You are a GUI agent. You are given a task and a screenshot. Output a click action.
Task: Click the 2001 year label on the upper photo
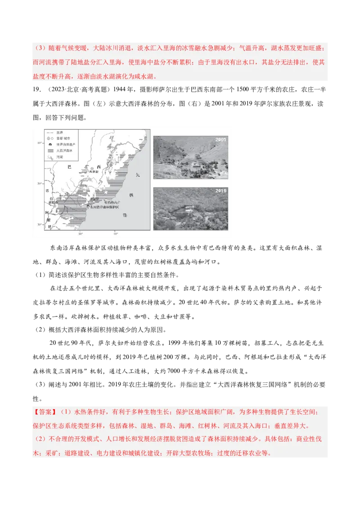tap(221, 140)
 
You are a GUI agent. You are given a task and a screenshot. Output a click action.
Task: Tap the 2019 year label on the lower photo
tap(221, 191)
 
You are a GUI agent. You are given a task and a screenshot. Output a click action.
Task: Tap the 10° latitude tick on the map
tap(39, 143)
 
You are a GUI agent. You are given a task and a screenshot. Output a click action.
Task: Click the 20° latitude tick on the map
tap(39, 183)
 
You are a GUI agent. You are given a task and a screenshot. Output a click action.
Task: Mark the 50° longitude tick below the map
tap(80, 234)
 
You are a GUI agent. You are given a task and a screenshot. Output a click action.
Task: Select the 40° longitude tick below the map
tap(115, 234)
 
